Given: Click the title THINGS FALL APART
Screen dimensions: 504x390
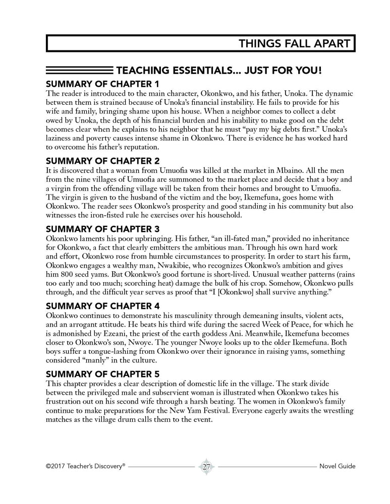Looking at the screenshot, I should pos(294,43).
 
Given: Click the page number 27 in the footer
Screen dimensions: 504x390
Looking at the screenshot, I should pos(206,466).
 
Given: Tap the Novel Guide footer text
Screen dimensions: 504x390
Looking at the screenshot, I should pos(338,466).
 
